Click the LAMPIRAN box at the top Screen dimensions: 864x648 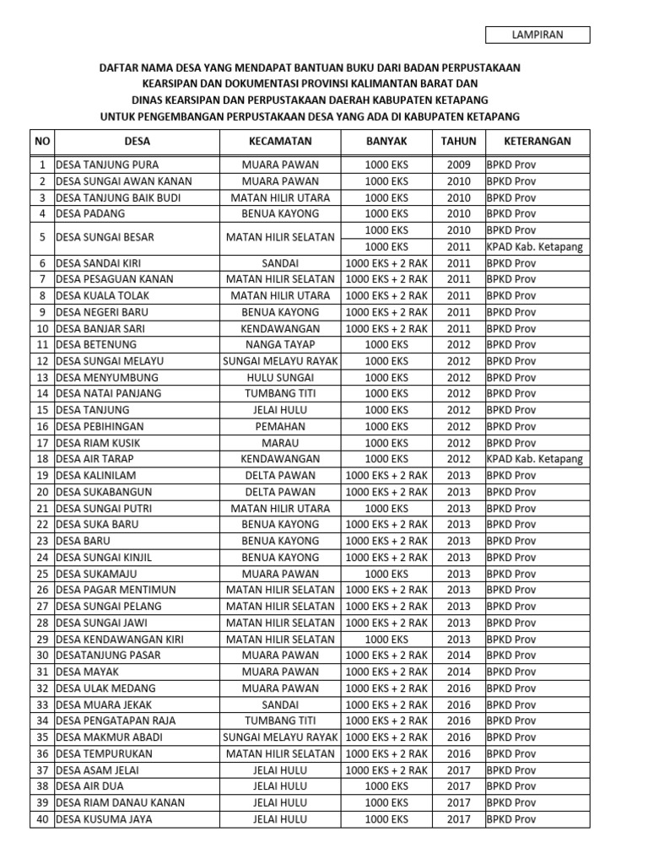click(537, 35)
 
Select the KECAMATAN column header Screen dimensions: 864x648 click(280, 142)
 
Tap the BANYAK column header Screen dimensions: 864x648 click(386, 142)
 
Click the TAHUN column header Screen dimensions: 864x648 click(459, 142)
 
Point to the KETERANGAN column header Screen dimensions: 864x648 click(537, 142)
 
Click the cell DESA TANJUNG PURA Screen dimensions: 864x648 click(107, 165)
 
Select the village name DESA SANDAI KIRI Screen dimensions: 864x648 click(99, 263)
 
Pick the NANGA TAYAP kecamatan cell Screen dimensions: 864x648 click(280, 344)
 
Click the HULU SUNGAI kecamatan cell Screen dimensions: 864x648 click(280, 377)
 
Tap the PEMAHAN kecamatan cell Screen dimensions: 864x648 click(280, 426)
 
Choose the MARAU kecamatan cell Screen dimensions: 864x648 click(280, 443)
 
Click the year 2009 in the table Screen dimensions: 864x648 click(459, 165)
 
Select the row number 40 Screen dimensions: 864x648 click(41, 818)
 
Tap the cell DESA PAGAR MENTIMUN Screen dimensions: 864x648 click(116, 590)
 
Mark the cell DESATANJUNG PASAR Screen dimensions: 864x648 click(109, 656)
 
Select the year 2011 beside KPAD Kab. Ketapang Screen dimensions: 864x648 click(459, 246)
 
